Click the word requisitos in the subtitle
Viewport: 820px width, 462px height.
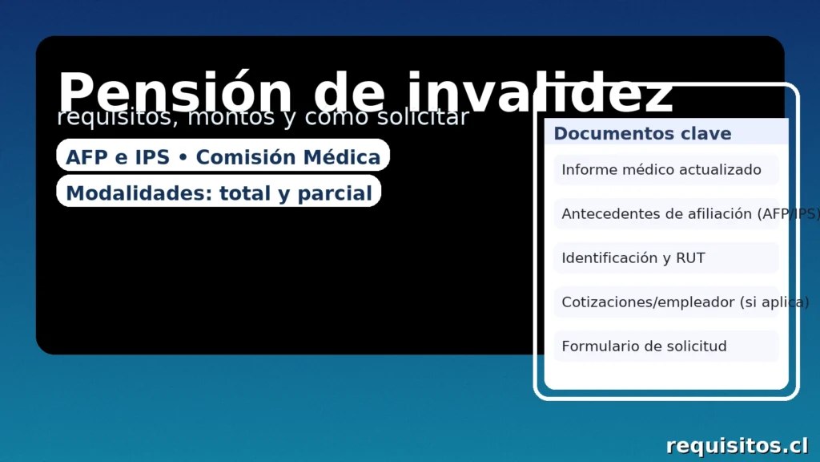click(111, 118)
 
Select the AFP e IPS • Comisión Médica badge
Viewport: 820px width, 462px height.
click(223, 156)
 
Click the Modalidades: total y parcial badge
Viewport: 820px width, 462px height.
click(219, 192)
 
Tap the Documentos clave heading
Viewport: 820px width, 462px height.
click(642, 133)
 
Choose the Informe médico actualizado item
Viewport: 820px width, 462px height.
click(661, 170)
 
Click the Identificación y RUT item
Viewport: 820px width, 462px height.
click(633, 258)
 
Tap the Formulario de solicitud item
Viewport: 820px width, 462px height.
click(644, 346)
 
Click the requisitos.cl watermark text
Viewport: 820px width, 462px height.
click(737, 445)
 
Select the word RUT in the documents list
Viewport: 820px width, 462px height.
click(690, 258)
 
